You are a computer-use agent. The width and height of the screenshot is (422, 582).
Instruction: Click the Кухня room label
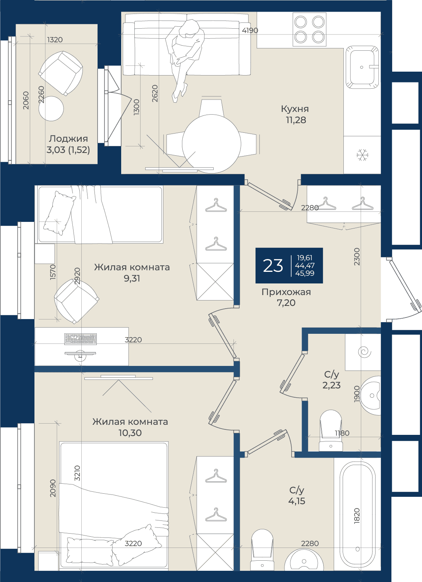pos(295,109)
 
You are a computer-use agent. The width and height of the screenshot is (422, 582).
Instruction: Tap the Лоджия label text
pos(69,139)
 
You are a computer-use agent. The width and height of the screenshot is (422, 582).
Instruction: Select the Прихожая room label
pos(286,292)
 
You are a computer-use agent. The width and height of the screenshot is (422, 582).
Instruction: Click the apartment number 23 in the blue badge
pos(273,266)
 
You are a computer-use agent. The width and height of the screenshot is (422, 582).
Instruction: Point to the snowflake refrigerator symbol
pos(362,155)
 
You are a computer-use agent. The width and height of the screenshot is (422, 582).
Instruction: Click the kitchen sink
pos(362,67)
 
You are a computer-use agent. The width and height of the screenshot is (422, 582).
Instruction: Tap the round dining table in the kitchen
pos(211,144)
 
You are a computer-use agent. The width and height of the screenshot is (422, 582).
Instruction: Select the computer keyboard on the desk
pos(81,339)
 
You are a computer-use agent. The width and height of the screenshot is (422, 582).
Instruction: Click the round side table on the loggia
pos(51,108)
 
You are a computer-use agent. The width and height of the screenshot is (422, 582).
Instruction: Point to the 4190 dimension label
pos(250,31)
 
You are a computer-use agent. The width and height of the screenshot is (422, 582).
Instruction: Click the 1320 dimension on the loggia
pos(55,40)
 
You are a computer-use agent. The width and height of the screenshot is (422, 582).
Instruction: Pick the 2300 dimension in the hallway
pos(357,257)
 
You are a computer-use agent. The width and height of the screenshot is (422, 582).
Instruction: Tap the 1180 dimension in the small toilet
pos(342,433)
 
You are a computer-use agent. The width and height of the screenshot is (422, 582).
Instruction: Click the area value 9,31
pos(132,278)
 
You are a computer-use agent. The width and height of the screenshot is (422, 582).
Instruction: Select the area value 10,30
pos(130,433)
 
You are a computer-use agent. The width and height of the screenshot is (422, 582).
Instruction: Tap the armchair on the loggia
pos(61,73)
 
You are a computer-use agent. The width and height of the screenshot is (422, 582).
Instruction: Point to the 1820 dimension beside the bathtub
pos(357,516)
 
